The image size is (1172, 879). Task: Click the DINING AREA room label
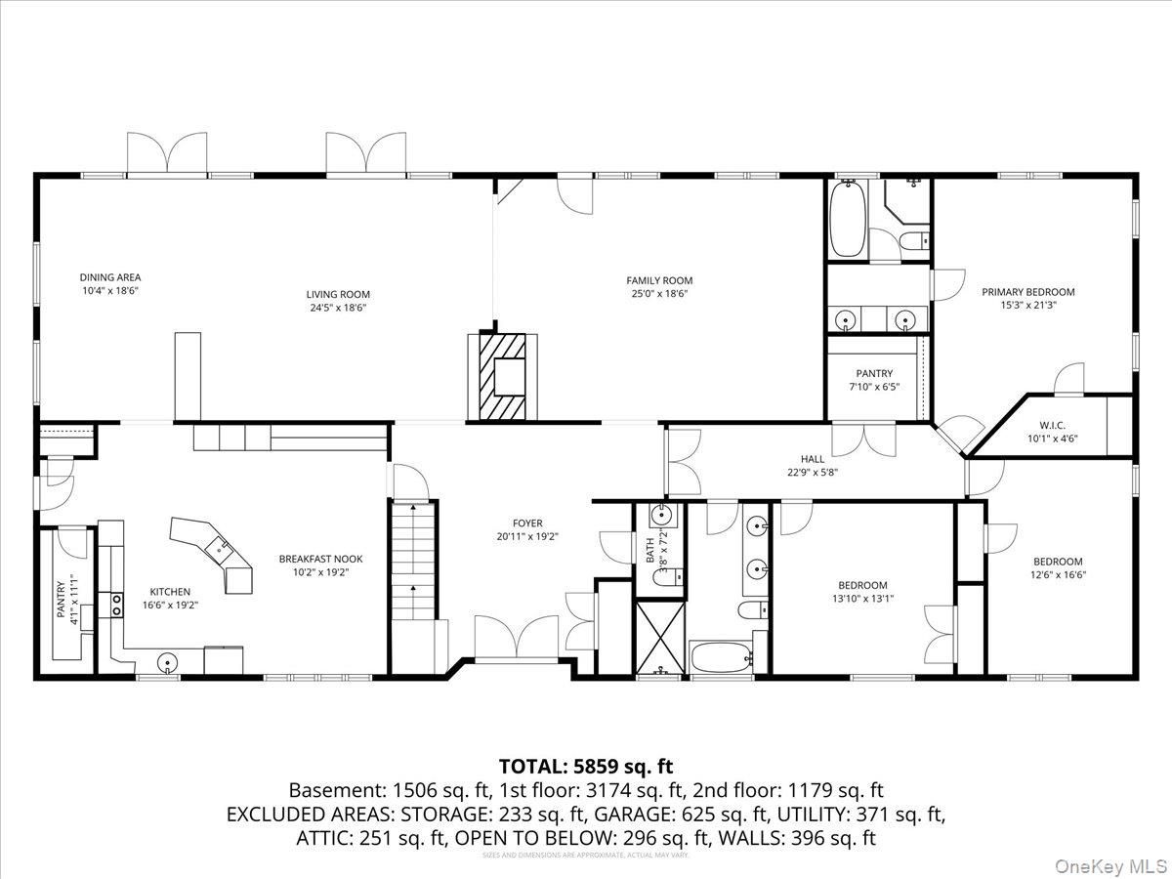[x=110, y=277]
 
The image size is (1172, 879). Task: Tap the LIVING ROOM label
[x=338, y=294]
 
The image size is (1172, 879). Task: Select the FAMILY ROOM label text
[x=659, y=280]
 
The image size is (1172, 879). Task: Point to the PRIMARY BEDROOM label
[x=1027, y=291]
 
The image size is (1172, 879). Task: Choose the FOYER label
[x=527, y=523]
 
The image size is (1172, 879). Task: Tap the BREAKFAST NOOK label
[x=320, y=559]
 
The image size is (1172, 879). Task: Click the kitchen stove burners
[x=115, y=606]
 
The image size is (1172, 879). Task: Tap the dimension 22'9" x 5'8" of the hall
[x=813, y=472]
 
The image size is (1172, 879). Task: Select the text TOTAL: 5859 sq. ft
[x=586, y=766]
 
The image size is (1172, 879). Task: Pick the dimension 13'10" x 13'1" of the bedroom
[x=861, y=599]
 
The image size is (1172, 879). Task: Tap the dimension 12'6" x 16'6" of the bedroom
[x=1058, y=575]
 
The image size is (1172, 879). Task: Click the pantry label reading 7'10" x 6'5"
[x=874, y=387]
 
